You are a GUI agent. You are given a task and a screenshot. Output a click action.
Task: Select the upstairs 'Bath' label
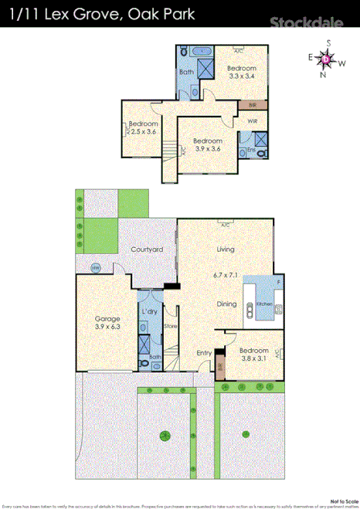187,73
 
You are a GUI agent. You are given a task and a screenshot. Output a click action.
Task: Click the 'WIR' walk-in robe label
253,121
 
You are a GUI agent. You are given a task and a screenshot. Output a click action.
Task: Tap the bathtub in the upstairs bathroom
204,51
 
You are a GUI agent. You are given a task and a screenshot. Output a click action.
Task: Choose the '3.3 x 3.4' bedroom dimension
242,76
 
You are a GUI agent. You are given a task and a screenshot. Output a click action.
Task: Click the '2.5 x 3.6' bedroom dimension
144,132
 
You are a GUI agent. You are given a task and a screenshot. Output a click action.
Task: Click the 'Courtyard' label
146,249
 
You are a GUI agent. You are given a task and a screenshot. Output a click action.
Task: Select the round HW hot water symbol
96,268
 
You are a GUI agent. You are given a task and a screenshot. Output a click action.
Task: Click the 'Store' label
171,327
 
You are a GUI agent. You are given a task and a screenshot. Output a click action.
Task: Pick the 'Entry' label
204,353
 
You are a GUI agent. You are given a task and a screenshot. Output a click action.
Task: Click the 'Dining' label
226,304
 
